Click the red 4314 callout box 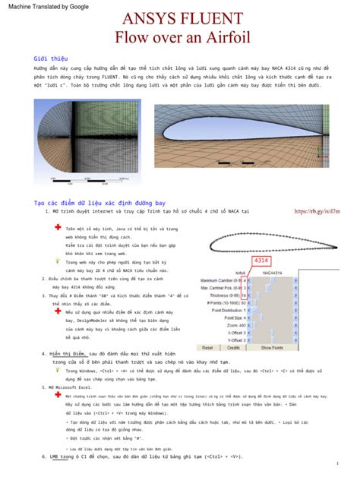click(x=263, y=261)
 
